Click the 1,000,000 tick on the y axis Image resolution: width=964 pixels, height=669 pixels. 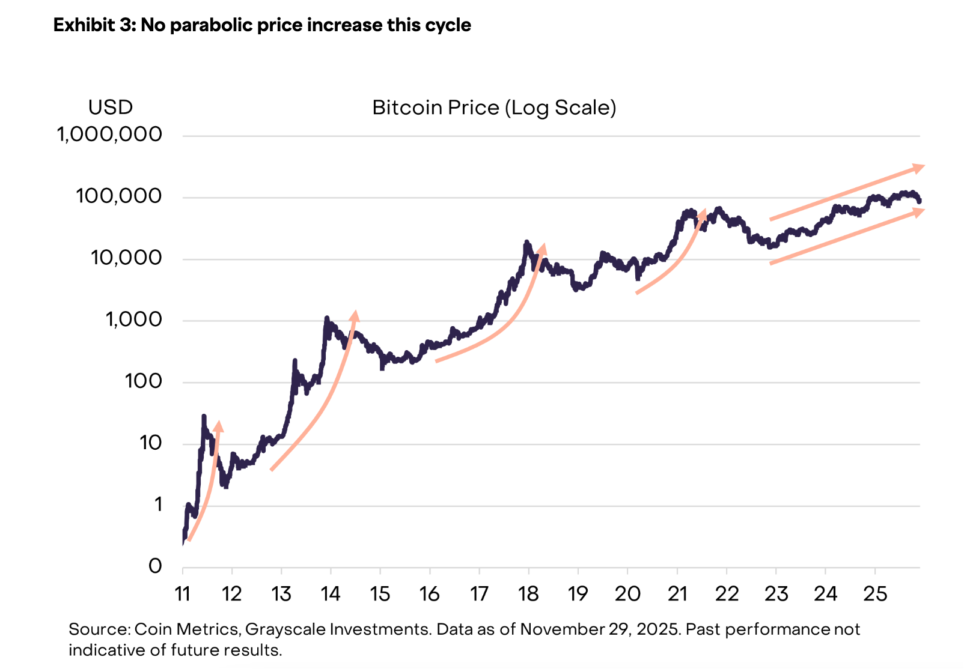(x=109, y=135)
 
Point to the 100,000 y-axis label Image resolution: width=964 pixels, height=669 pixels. (x=119, y=196)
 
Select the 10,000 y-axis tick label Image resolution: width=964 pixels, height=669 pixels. (x=126, y=258)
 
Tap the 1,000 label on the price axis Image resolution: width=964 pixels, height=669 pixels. (x=133, y=319)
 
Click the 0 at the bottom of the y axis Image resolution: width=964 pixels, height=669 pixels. (x=155, y=566)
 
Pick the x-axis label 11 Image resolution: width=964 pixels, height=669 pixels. (x=182, y=594)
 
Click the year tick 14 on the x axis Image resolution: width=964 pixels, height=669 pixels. (x=331, y=594)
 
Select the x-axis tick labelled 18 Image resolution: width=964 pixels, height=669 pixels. (x=528, y=594)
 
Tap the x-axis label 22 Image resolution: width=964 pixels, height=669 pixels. (x=727, y=594)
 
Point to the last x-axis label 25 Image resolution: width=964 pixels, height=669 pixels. (x=875, y=594)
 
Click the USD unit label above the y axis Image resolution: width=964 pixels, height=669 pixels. (x=110, y=107)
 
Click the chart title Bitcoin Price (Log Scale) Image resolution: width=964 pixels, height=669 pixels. (x=494, y=108)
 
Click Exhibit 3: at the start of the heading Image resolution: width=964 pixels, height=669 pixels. (x=94, y=25)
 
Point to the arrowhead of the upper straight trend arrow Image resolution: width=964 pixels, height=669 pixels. (x=918, y=168)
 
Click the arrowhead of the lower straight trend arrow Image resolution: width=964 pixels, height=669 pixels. (x=918, y=212)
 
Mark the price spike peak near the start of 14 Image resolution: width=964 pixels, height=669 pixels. (x=326, y=318)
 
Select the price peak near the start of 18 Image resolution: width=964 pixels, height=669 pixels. (x=527, y=243)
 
